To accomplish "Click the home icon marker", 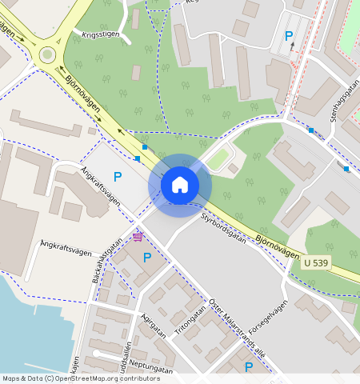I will click(x=180, y=185).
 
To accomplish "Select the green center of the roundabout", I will click(x=47, y=54).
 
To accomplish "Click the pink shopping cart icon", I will click(x=138, y=236).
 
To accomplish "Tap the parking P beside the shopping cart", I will click(x=146, y=258).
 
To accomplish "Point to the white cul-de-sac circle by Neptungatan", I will click(x=95, y=353).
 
